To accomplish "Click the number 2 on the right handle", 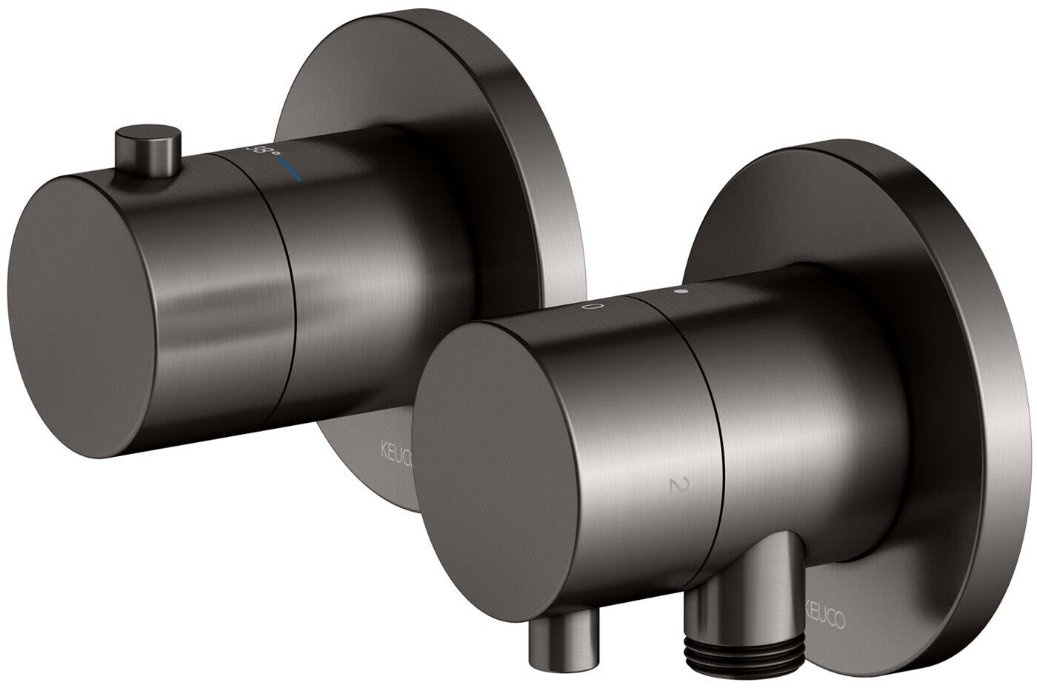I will click(x=675, y=486).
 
